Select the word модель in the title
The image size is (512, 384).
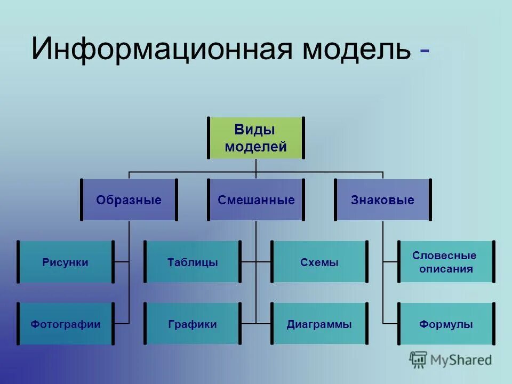356,49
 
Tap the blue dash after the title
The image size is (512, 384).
425,51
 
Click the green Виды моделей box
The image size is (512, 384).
255,138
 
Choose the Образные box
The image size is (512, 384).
129,200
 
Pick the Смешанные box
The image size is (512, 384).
256,200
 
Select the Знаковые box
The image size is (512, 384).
382,200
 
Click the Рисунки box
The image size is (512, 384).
66,262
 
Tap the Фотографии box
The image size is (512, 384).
66,324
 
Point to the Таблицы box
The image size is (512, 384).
192,262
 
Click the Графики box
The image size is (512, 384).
192,324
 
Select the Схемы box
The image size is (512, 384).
319,262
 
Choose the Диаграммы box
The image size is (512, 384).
319,324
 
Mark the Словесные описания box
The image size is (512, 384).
446,262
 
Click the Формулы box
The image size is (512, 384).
446,324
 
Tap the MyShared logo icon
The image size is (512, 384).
418,359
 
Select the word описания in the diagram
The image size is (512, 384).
446,269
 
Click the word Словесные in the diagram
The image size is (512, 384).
445,255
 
